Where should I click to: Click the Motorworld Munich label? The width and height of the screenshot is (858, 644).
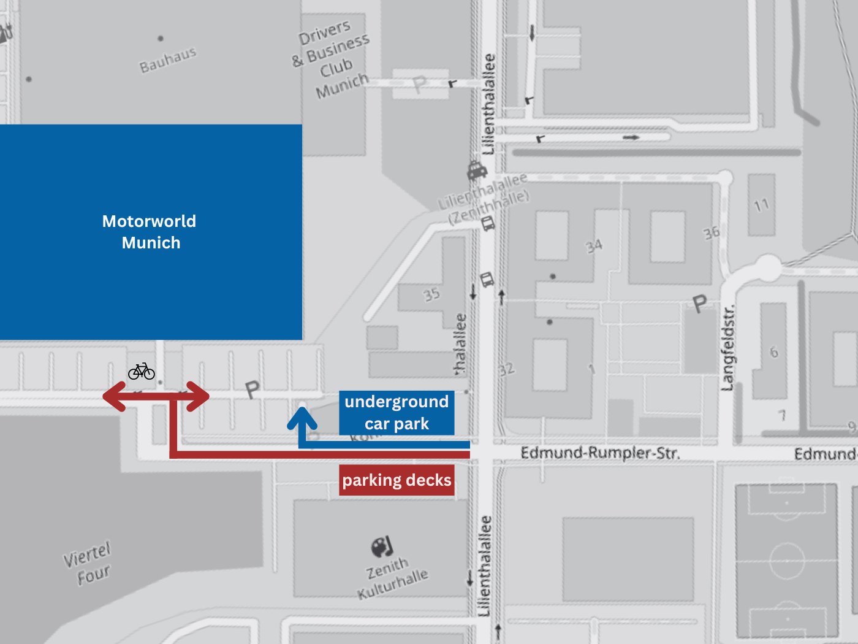(x=150, y=232)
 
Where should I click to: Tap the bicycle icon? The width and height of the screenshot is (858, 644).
(x=142, y=371)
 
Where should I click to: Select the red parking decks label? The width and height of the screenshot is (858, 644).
(x=397, y=480)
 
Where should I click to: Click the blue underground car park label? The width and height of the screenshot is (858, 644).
(x=397, y=412)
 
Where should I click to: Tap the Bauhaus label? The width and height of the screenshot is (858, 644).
(x=167, y=60)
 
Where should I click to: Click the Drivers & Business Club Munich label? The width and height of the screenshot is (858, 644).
(x=332, y=60)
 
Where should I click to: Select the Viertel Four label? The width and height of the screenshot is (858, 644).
(x=88, y=564)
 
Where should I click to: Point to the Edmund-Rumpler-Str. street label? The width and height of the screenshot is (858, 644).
(x=600, y=453)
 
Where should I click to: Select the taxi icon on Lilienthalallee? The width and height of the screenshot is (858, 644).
(x=476, y=170)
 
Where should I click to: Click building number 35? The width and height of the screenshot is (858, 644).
(x=431, y=294)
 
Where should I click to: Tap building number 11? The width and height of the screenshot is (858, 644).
(x=761, y=205)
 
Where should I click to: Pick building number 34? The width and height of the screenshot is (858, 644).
(x=594, y=246)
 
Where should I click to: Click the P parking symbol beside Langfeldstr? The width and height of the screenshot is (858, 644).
(x=699, y=303)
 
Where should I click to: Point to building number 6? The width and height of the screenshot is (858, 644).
(x=773, y=352)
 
